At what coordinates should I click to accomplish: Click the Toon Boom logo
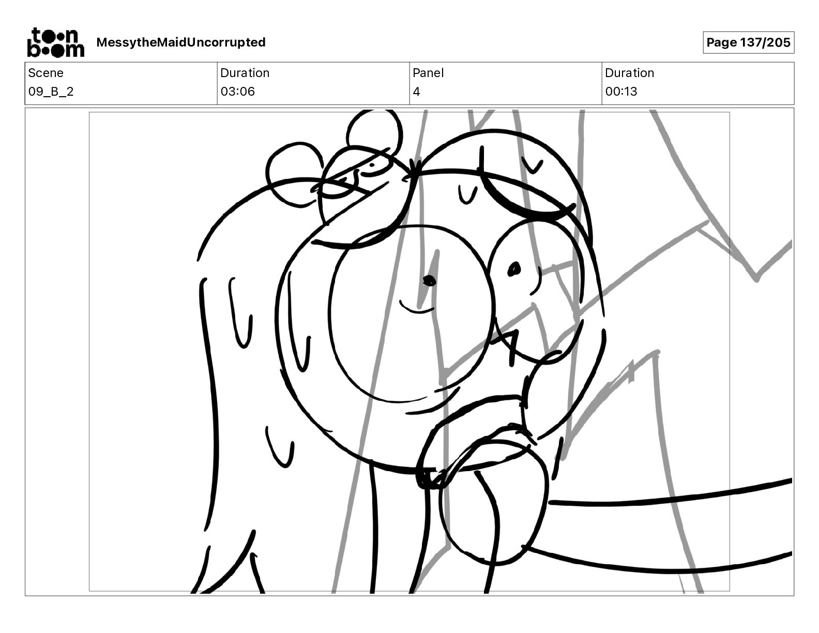click(x=56, y=42)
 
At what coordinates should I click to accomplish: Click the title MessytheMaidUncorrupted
click(x=181, y=42)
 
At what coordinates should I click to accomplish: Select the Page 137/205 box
click(x=748, y=42)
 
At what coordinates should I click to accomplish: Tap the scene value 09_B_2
click(x=51, y=91)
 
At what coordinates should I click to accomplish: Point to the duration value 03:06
click(x=237, y=91)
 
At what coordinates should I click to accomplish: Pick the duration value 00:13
click(x=621, y=91)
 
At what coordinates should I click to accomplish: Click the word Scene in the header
click(x=45, y=73)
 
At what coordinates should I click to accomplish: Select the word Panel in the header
click(x=428, y=73)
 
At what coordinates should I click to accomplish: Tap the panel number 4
click(x=416, y=92)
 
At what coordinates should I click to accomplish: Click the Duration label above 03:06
click(x=245, y=73)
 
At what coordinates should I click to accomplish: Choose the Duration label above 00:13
click(x=629, y=73)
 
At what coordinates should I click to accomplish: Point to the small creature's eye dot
click(x=372, y=165)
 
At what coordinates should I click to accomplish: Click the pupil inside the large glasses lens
click(x=429, y=280)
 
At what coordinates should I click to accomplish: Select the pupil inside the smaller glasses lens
click(x=514, y=269)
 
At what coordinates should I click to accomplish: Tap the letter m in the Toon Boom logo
click(x=72, y=50)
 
